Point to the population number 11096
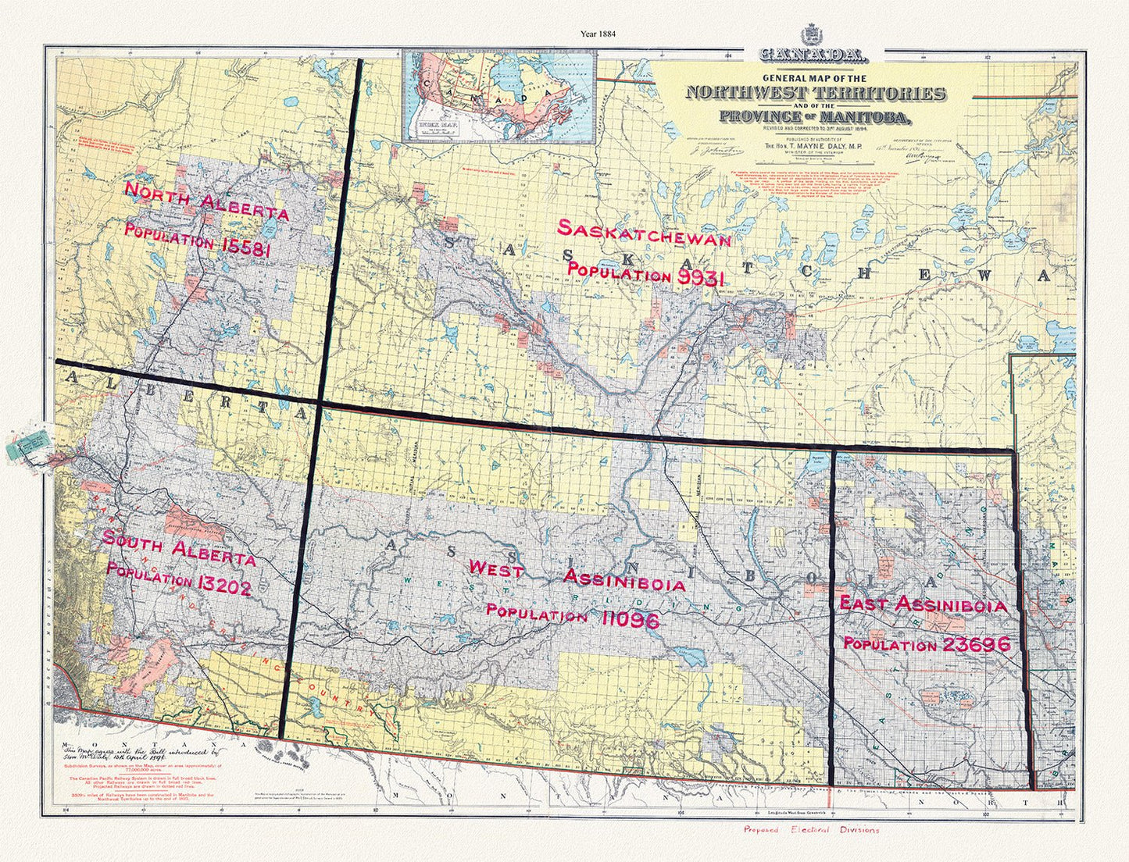(631, 618)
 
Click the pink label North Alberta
(207, 201)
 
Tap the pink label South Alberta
(179, 548)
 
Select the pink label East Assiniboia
(922, 604)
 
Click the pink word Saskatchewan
(645, 233)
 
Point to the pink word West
(495, 569)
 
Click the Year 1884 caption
(598, 34)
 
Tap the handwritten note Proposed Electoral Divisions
(811, 830)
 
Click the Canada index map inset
(496, 97)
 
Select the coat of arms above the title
(812, 36)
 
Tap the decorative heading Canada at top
(812, 56)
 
